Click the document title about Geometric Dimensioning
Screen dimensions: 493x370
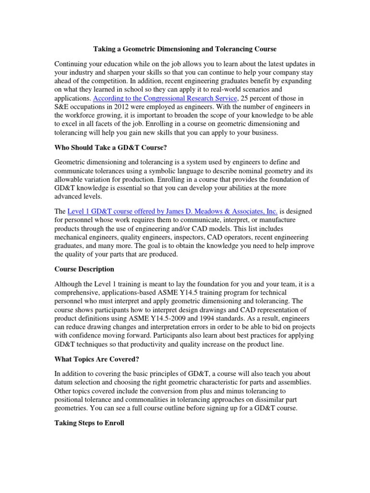pyautogui.click(x=185, y=49)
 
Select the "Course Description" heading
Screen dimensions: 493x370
pyautogui.click(x=84, y=269)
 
